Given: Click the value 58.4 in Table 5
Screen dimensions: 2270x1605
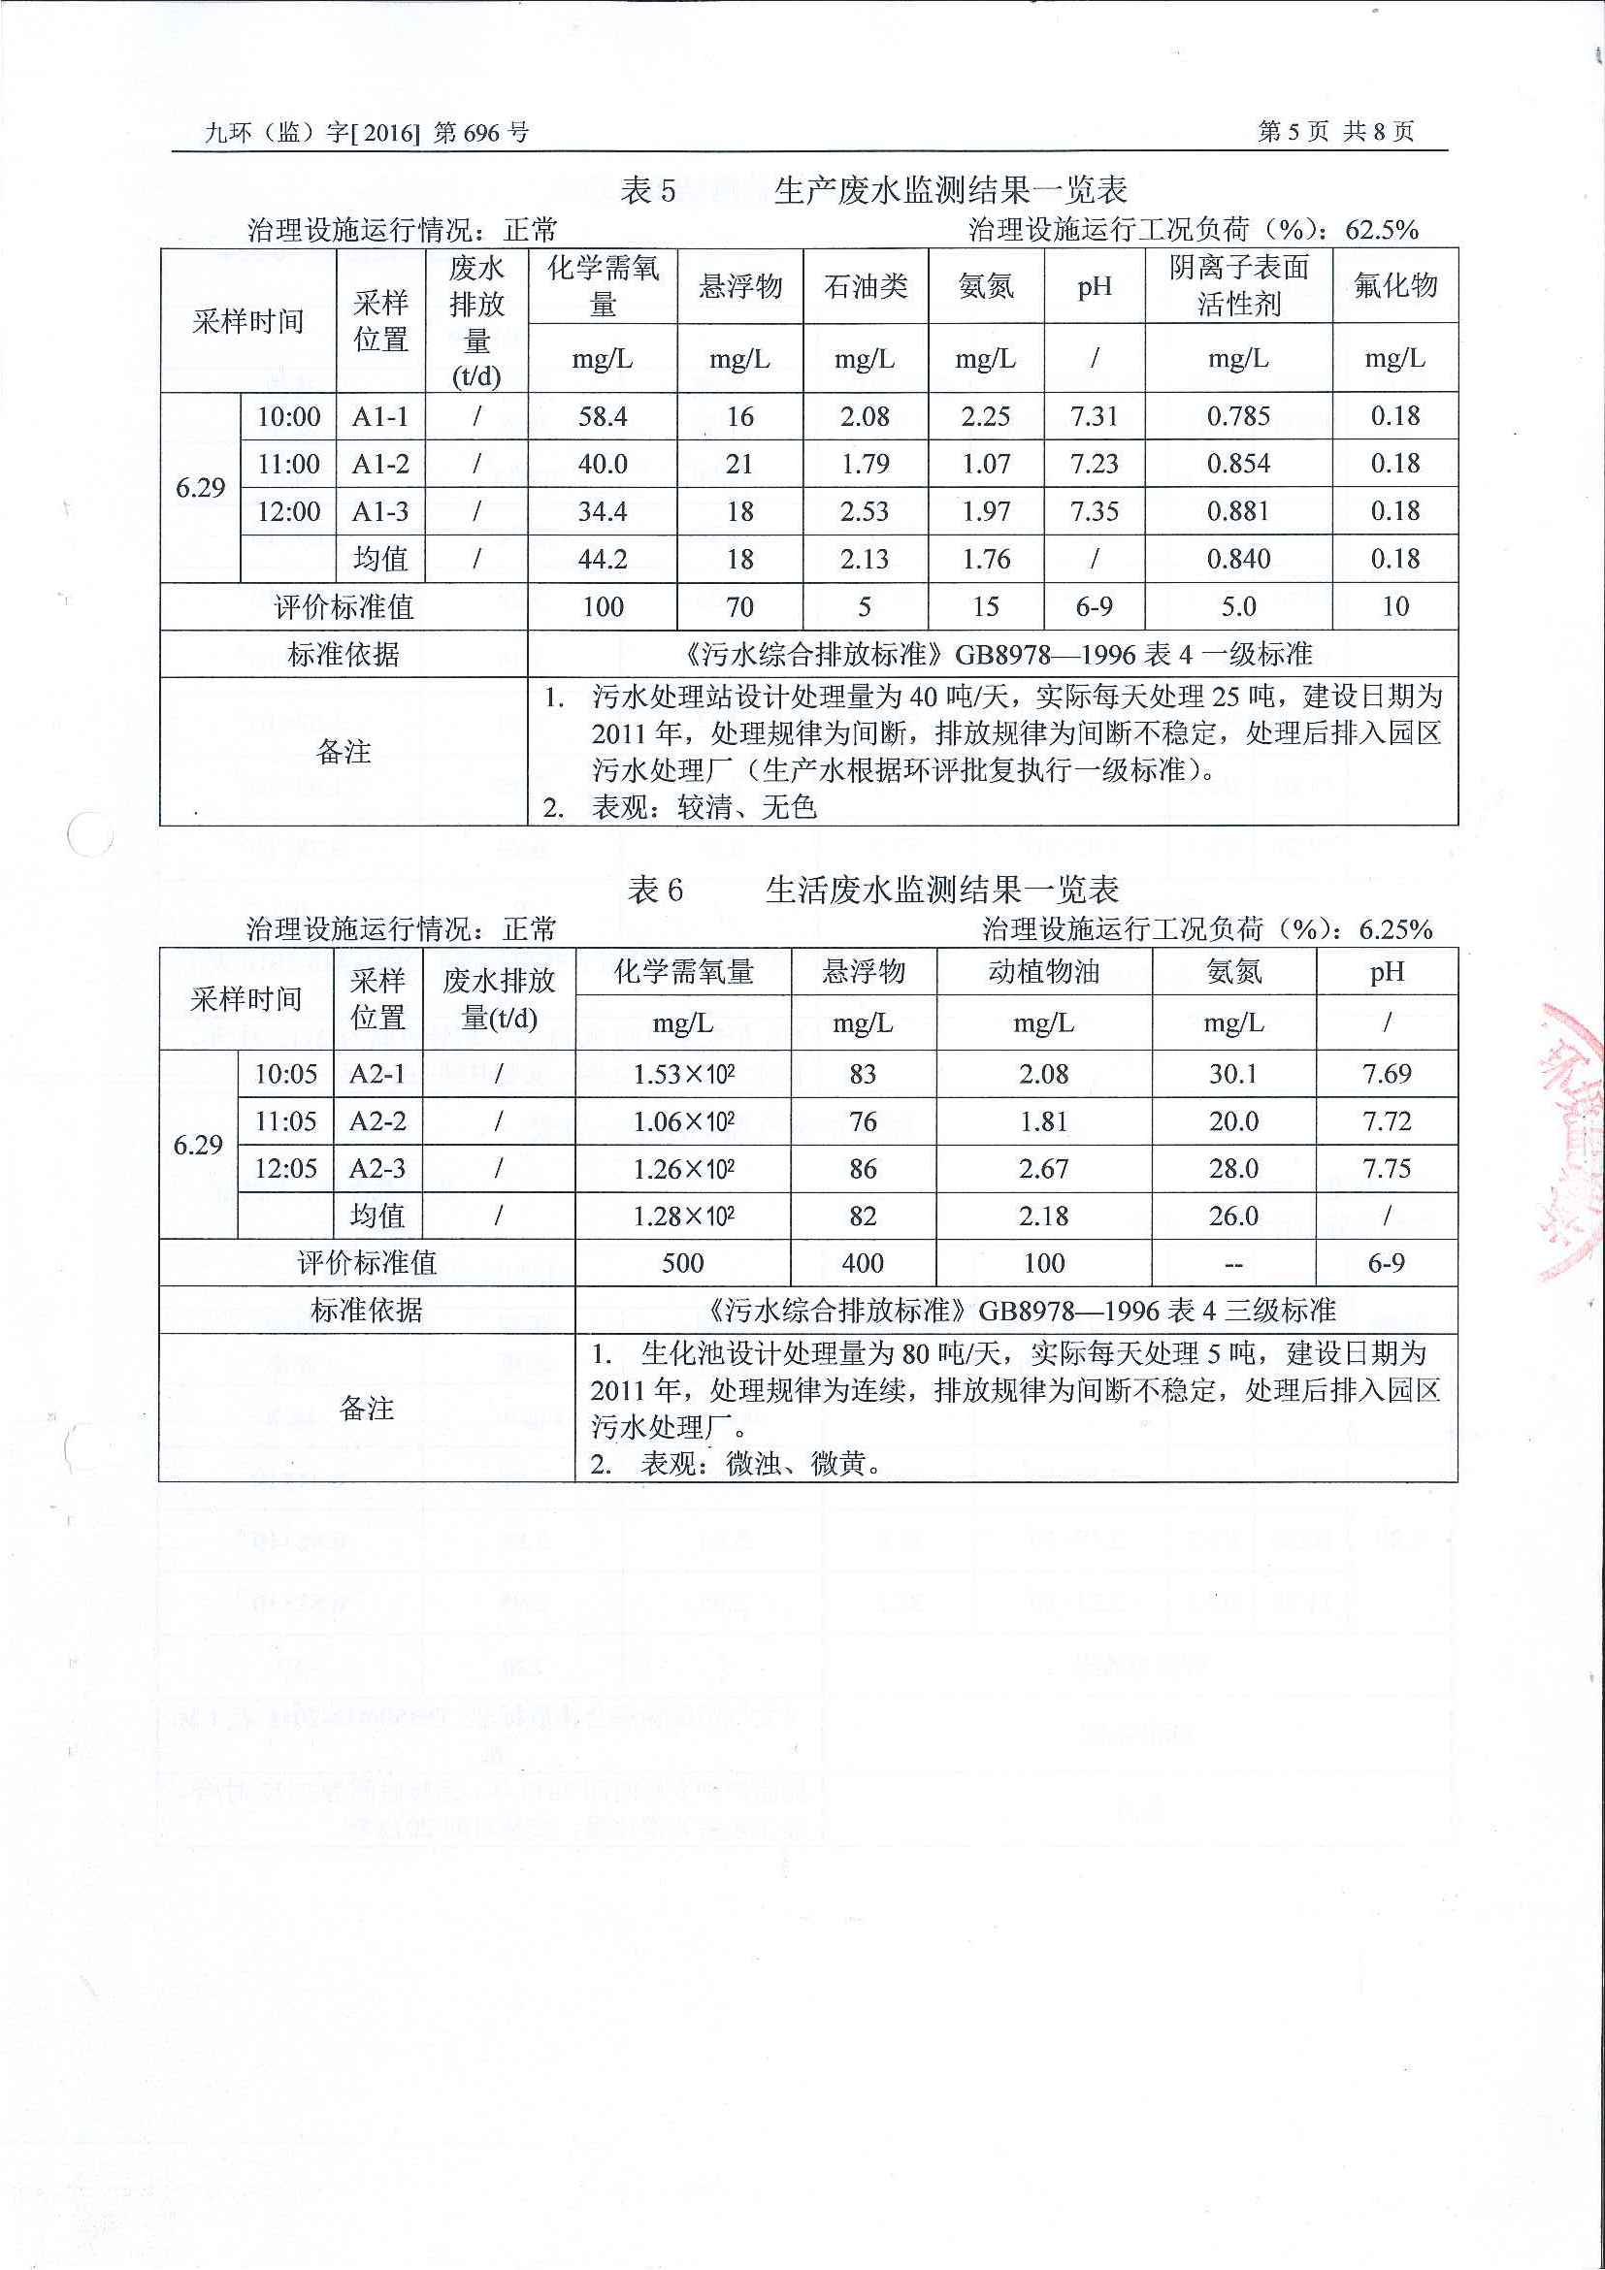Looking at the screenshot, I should point(603,416).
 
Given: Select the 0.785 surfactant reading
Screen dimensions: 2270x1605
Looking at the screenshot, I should point(1238,416).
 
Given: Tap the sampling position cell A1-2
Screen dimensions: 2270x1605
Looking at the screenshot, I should point(380,464).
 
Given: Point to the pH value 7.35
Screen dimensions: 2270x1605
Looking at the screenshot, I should point(1094,511).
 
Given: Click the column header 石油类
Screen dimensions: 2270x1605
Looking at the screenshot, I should point(866,287).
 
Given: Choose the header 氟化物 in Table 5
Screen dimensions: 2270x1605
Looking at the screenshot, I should point(1394,286).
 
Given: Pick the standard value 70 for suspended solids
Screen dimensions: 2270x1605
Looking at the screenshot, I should point(739,606).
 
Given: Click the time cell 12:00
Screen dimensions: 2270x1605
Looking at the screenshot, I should point(289,511).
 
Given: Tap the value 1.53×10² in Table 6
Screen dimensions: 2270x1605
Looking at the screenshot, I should point(683,1074).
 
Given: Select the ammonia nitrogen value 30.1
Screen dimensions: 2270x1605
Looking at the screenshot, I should point(1233,1074).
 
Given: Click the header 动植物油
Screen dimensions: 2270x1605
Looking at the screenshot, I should point(1043,972).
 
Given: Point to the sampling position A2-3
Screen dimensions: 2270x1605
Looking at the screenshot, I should point(377,1169).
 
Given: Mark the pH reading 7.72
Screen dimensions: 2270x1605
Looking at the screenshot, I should point(1387,1121).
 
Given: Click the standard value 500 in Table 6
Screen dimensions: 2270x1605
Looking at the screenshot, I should point(682,1262).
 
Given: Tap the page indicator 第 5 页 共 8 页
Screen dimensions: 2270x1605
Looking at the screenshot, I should point(1335,132).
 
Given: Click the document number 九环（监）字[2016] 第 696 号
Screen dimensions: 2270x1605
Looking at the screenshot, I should point(366,133).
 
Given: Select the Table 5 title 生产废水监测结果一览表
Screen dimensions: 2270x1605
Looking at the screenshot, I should point(949,190).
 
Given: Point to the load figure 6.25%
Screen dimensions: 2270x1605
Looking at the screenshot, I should point(1395,929).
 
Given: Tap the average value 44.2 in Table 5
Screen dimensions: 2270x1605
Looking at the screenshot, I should point(603,560).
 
